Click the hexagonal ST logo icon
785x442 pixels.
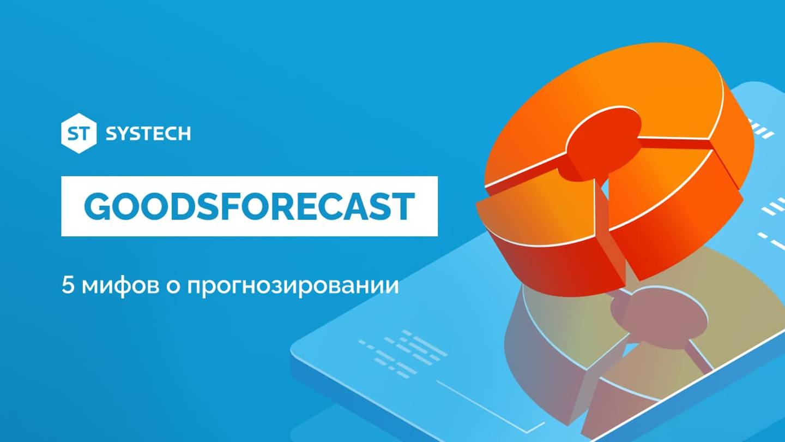click(x=78, y=133)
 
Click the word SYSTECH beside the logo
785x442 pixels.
click(x=148, y=134)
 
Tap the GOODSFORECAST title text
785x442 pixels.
click(x=249, y=207)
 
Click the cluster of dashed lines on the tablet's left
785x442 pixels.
click(x=403, y=349)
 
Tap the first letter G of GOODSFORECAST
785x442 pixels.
click(x=99, y=207)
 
